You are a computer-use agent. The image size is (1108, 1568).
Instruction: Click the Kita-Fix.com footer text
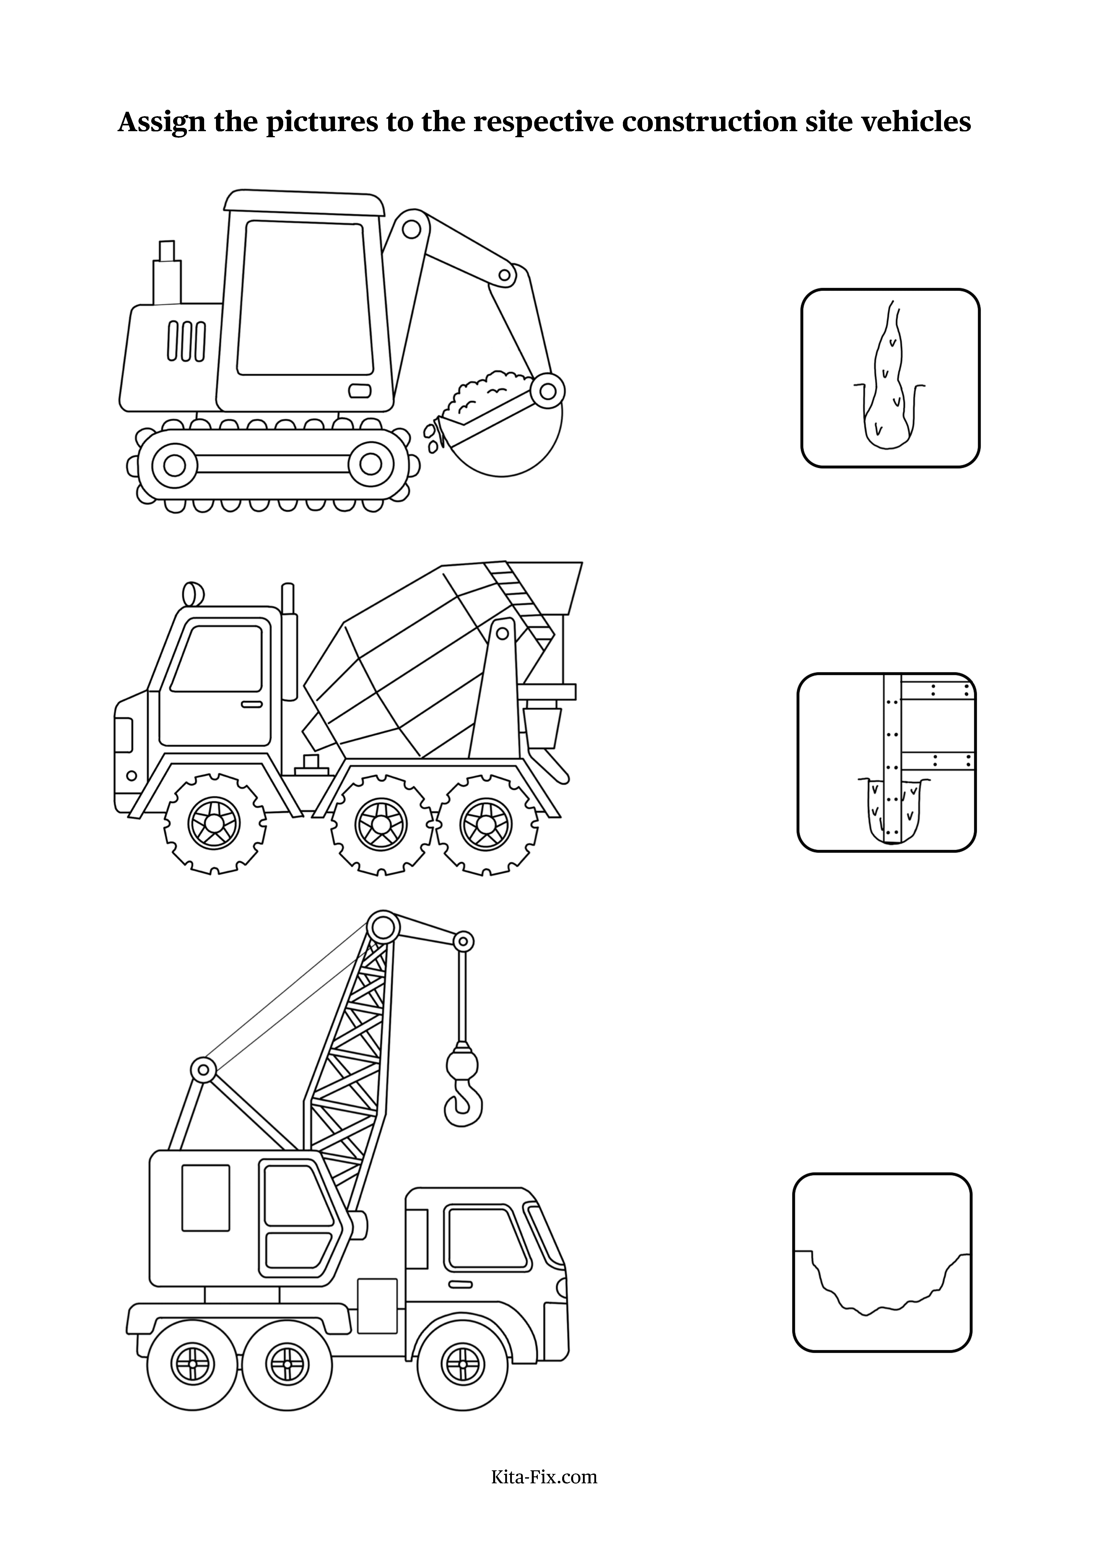point(544,1477)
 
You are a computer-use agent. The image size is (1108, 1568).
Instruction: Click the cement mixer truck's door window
point(217,658)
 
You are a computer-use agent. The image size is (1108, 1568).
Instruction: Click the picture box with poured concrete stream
point(890,378)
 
